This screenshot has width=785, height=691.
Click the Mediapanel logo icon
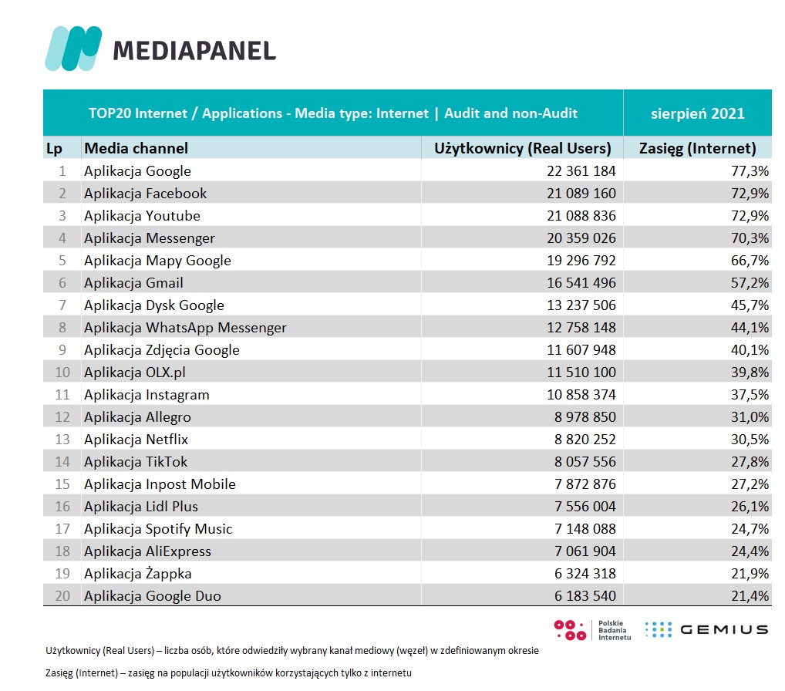point(73,48)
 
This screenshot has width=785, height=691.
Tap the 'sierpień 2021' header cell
point(696,113)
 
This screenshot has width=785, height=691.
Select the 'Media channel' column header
point(136,148)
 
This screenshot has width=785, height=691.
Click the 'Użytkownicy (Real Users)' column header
point(523,148)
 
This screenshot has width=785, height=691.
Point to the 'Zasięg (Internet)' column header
point(698,148)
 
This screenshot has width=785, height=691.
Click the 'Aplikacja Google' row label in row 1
point(137,171)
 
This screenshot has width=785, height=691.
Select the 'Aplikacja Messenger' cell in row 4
point(150,238)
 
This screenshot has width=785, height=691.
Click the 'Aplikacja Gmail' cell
point(133,283)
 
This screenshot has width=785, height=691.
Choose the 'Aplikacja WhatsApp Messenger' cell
point(185,328)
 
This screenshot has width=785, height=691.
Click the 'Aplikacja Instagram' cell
point(147,395)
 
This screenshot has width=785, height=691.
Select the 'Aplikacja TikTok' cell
point(136,462)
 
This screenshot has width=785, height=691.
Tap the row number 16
point(62,507)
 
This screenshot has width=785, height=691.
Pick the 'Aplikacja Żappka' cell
point(138,574)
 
